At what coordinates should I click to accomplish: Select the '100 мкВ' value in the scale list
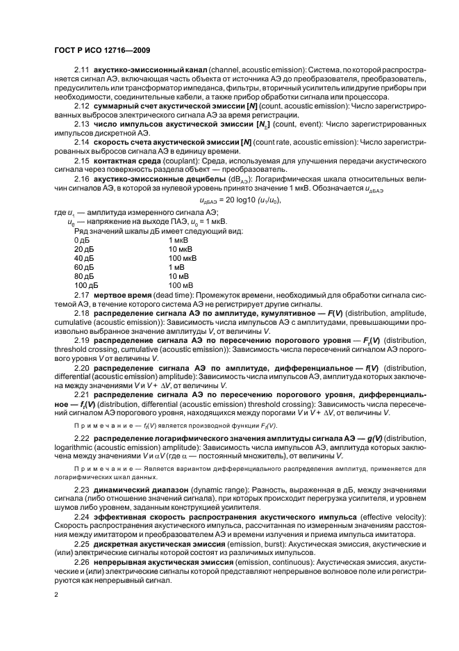coord(182,258)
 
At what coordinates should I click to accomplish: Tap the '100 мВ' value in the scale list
coord(181,285)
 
